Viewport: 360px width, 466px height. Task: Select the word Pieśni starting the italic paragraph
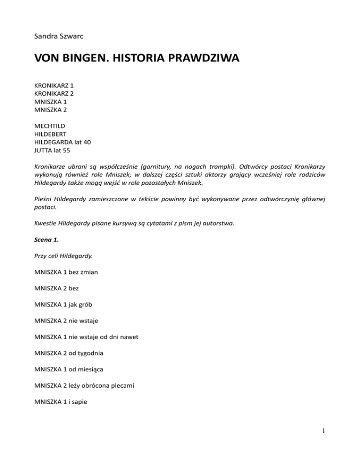[x=45, y=198]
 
